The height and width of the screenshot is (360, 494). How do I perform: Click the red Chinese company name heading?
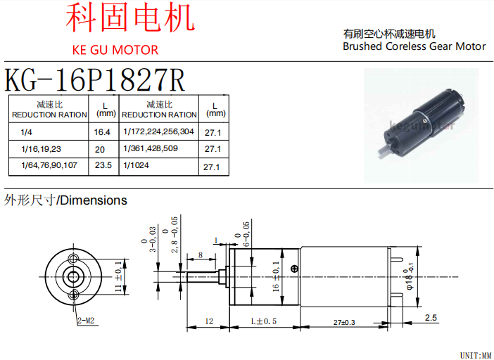click(130, 19)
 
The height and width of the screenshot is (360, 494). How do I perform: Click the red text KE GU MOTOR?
click(115, 50)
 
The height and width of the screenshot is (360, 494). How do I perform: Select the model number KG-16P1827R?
click(95, 79)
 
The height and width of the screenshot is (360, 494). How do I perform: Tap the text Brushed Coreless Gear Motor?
click(414, 46)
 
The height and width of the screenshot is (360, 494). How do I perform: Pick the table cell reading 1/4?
click(27, 131)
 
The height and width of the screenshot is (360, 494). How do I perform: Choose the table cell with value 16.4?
click(103, 131)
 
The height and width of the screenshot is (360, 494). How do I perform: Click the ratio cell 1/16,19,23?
click(42, 149)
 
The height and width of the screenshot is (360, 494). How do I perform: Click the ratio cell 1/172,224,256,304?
click(158, 131)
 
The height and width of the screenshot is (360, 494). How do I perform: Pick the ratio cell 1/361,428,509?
click(151, 149)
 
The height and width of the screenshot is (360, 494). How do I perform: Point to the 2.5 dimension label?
click(431, 318)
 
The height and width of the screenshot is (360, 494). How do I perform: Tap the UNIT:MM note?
click(475, 354)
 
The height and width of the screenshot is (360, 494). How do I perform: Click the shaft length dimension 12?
click(209, 321)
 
